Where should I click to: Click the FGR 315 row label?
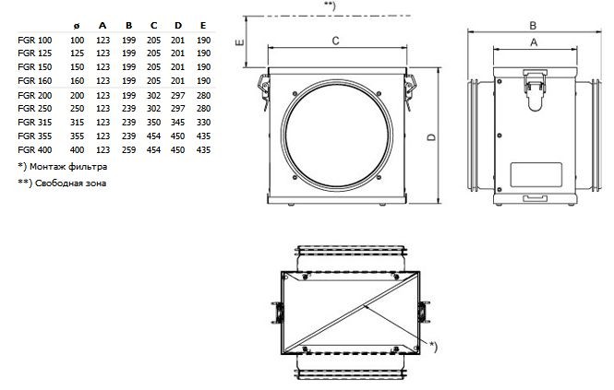pos(35,123)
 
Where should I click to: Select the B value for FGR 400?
pos(129,149)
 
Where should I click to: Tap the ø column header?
pos(77,26)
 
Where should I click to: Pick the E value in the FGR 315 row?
pos(204,123)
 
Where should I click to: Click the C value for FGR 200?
pos(153,96)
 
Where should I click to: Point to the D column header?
pos(178,26)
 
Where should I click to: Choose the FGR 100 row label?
pos(35,41)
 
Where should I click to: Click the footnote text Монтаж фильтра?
pos(68,167)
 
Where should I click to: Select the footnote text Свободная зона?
pos(70,183)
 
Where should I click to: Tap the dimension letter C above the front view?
pos(335,41)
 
